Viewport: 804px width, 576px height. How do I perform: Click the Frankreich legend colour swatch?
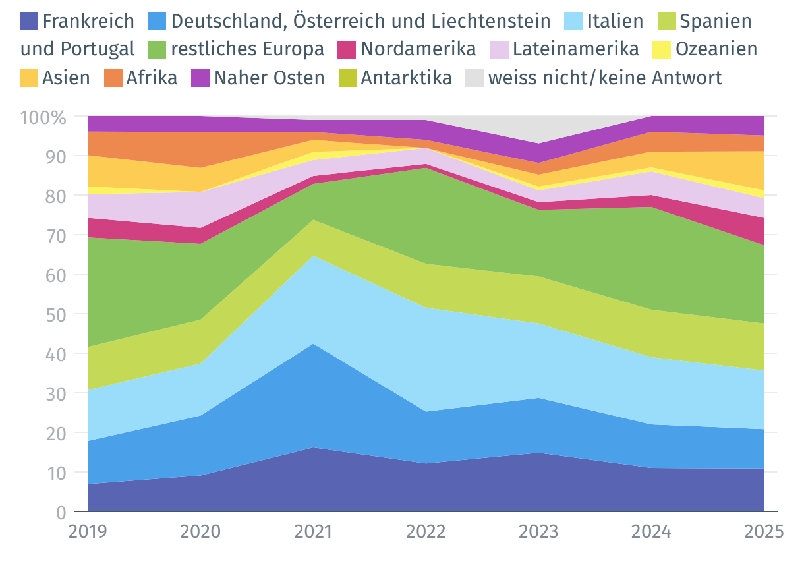click(29, 21)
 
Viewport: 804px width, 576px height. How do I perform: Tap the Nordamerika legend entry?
click(418, 49)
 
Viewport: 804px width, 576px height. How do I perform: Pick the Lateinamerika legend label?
click(575, 49)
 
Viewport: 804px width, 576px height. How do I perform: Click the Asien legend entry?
click(66, 78)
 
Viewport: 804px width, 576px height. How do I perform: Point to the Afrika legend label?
click(152, 78)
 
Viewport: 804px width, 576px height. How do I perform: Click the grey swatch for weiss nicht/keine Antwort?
click(474, 78)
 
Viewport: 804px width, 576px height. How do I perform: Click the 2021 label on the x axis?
click(313, 531)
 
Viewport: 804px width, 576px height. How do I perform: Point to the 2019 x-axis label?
click(88, 531)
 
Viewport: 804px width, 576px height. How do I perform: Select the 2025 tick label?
click(763, 531)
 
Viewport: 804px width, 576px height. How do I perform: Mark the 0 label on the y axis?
click(61, 512)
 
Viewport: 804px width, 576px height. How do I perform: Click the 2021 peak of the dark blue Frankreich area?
click(313, 449)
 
